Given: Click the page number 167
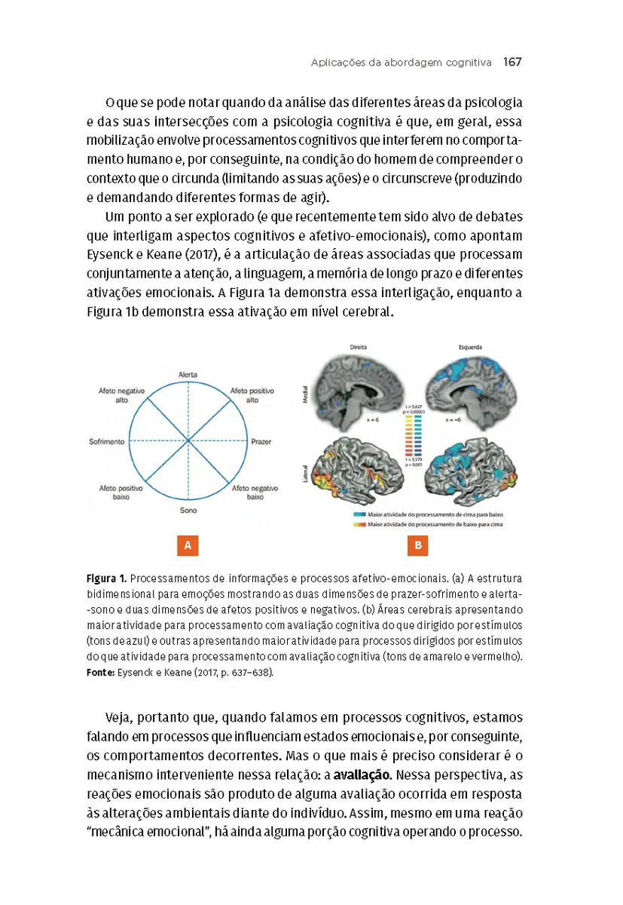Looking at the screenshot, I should coord(512,62).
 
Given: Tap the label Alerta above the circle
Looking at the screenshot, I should coord(188,375).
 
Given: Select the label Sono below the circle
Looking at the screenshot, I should coord(188,511).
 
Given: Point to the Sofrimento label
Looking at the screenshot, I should coord(106,441).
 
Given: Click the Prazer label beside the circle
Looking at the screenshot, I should coord(261,441).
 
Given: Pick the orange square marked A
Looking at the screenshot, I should coord(187,545).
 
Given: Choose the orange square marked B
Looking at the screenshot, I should coord(417,545).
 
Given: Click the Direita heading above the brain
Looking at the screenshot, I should coord(359,348).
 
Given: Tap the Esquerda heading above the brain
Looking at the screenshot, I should coord(471,348).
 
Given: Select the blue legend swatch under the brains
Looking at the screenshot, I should coord(359,513).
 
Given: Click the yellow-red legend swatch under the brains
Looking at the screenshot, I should coord(359,523).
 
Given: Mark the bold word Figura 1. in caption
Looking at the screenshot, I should coord(105,579).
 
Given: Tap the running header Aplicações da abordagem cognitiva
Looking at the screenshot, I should coord(401,62).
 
